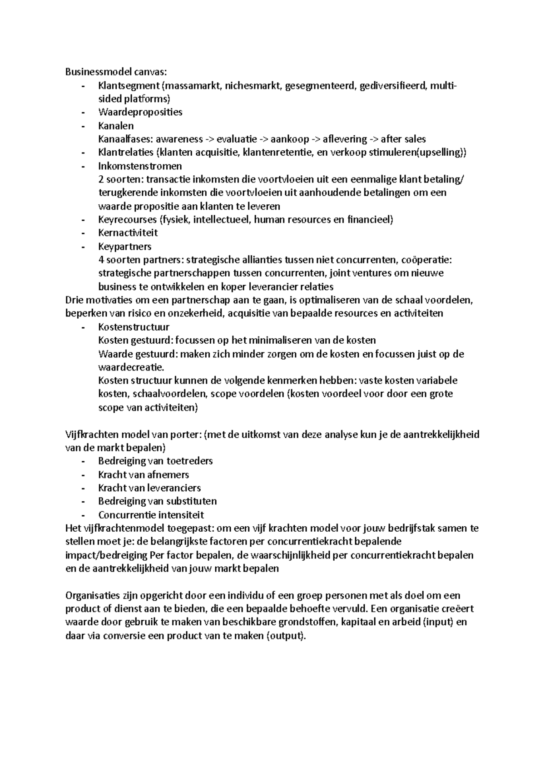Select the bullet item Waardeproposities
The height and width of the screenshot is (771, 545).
140,112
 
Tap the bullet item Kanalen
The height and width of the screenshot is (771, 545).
116,126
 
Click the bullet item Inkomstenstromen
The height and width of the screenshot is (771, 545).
140,166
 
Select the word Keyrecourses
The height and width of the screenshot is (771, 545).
127,220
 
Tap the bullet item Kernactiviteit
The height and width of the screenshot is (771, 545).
128,233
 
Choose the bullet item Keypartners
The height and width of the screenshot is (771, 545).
124,247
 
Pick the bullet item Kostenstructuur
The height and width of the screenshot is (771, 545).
134,327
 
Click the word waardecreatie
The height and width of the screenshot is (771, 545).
131,367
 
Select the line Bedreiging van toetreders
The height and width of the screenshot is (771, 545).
155,461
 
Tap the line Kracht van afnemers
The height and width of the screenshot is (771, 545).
144,475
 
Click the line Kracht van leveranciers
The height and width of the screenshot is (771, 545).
149,488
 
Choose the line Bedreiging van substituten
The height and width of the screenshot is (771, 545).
157,501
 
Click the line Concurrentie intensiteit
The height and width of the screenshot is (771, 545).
151,515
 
